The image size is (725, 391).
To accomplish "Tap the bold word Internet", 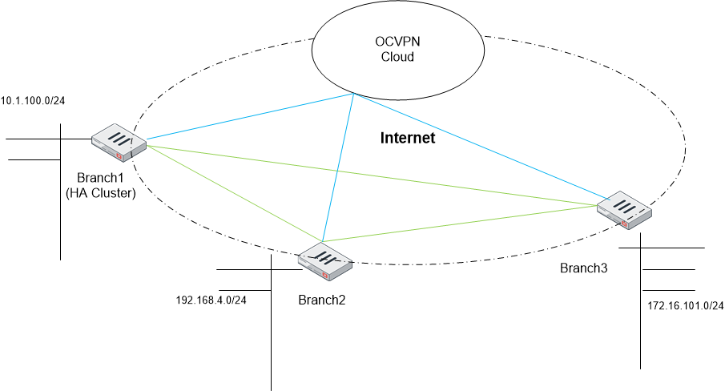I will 407,139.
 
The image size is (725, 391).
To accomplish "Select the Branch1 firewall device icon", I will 118,143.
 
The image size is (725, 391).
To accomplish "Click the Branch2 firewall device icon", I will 324,261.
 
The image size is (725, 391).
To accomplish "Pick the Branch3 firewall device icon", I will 624,210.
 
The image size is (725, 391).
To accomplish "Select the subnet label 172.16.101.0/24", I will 685,306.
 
